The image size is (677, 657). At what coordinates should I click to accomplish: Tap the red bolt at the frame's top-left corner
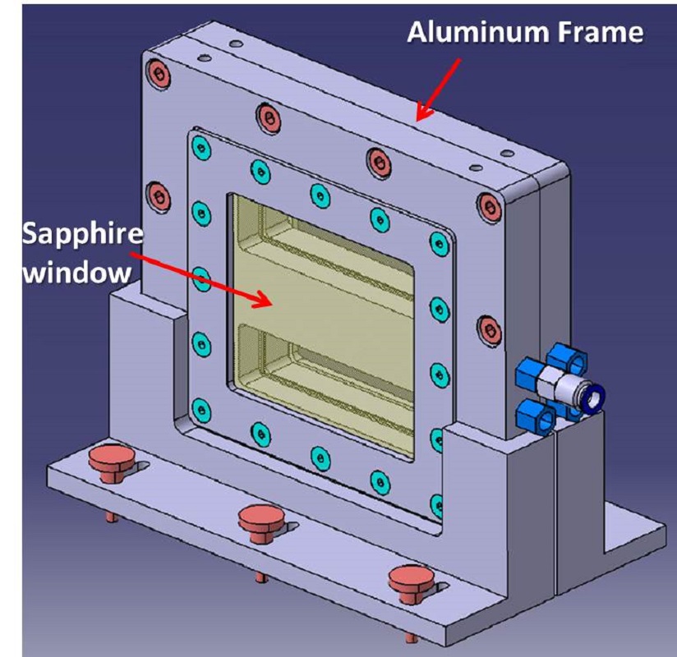(x=159, y=75)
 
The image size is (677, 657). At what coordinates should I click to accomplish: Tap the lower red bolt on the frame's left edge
(x=157, y=196)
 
